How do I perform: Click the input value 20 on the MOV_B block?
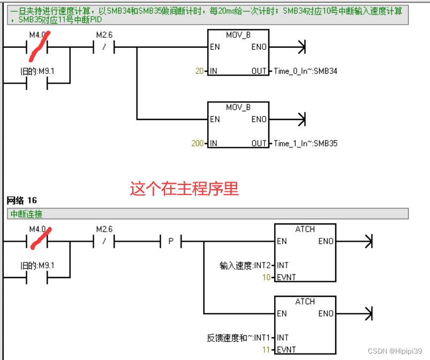[x=199, y=71]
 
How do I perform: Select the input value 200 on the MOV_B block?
[x=197, y=144]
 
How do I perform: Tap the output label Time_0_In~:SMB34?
[x=305, y=71]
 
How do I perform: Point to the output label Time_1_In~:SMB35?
[x=305, y=144]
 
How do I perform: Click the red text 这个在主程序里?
[x=184, y=189]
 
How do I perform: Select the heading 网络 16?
[x=21, y=201]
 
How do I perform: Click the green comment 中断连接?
[x=27, y=214]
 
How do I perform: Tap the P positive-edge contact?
[x=171, y=242]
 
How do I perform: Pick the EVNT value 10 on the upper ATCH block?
[x=266, y=277]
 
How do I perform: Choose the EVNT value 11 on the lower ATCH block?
[x=266, y=350]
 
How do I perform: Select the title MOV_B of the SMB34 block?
[x=238, y=35]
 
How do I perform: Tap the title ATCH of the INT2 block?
[x=305, y=229]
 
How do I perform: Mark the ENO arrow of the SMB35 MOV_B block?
[x=301, y=119]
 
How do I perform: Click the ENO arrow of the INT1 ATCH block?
[x=368, y=313]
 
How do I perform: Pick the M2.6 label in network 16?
[x=104, y=229]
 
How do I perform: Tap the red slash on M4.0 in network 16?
[x=41, y=237]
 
